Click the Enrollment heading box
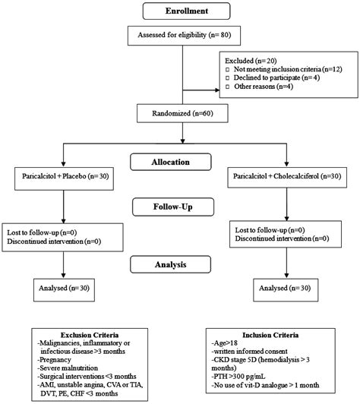click(186, 11)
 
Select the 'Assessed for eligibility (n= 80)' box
click(184, 36)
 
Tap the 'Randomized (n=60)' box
click(182, 113)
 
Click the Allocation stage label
click(171, 162)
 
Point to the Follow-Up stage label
click(173, 207)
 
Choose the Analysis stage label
click(171, 264)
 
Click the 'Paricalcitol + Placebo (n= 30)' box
click(64, 178)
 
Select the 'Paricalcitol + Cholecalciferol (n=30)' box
click(287, 178)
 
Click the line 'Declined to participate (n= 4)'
click(276, 77)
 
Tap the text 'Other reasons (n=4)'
click(264, 87)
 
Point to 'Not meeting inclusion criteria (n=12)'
click(288, 69)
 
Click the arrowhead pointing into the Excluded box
click(217, 90)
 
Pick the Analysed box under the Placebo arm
click(64, 290)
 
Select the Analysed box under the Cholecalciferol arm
click(286, 290)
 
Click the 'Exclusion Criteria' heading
click(90, 335)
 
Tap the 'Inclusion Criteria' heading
click(270, 335)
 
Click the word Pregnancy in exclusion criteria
click(55, 360)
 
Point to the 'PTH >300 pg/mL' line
click(238, 377)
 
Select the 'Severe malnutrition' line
click(68, 368)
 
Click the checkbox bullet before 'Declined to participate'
click(228, 77)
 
